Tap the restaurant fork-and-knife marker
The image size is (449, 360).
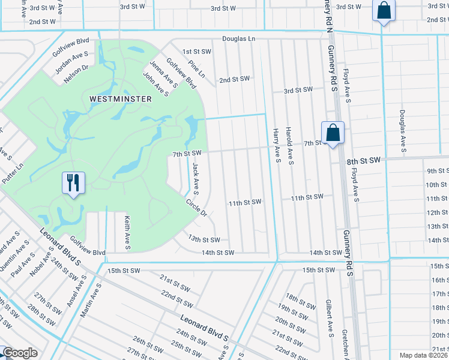click(74, 182)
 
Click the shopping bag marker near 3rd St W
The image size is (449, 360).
click(382, 11)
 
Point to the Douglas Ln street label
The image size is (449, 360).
click(239, 38)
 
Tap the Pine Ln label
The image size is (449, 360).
click(196, 69)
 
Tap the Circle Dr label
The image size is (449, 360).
click(196, 208)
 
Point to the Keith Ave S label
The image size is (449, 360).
click(127, 233)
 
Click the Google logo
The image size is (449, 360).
click(20, 353)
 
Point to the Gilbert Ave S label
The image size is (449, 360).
click(330, 317)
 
